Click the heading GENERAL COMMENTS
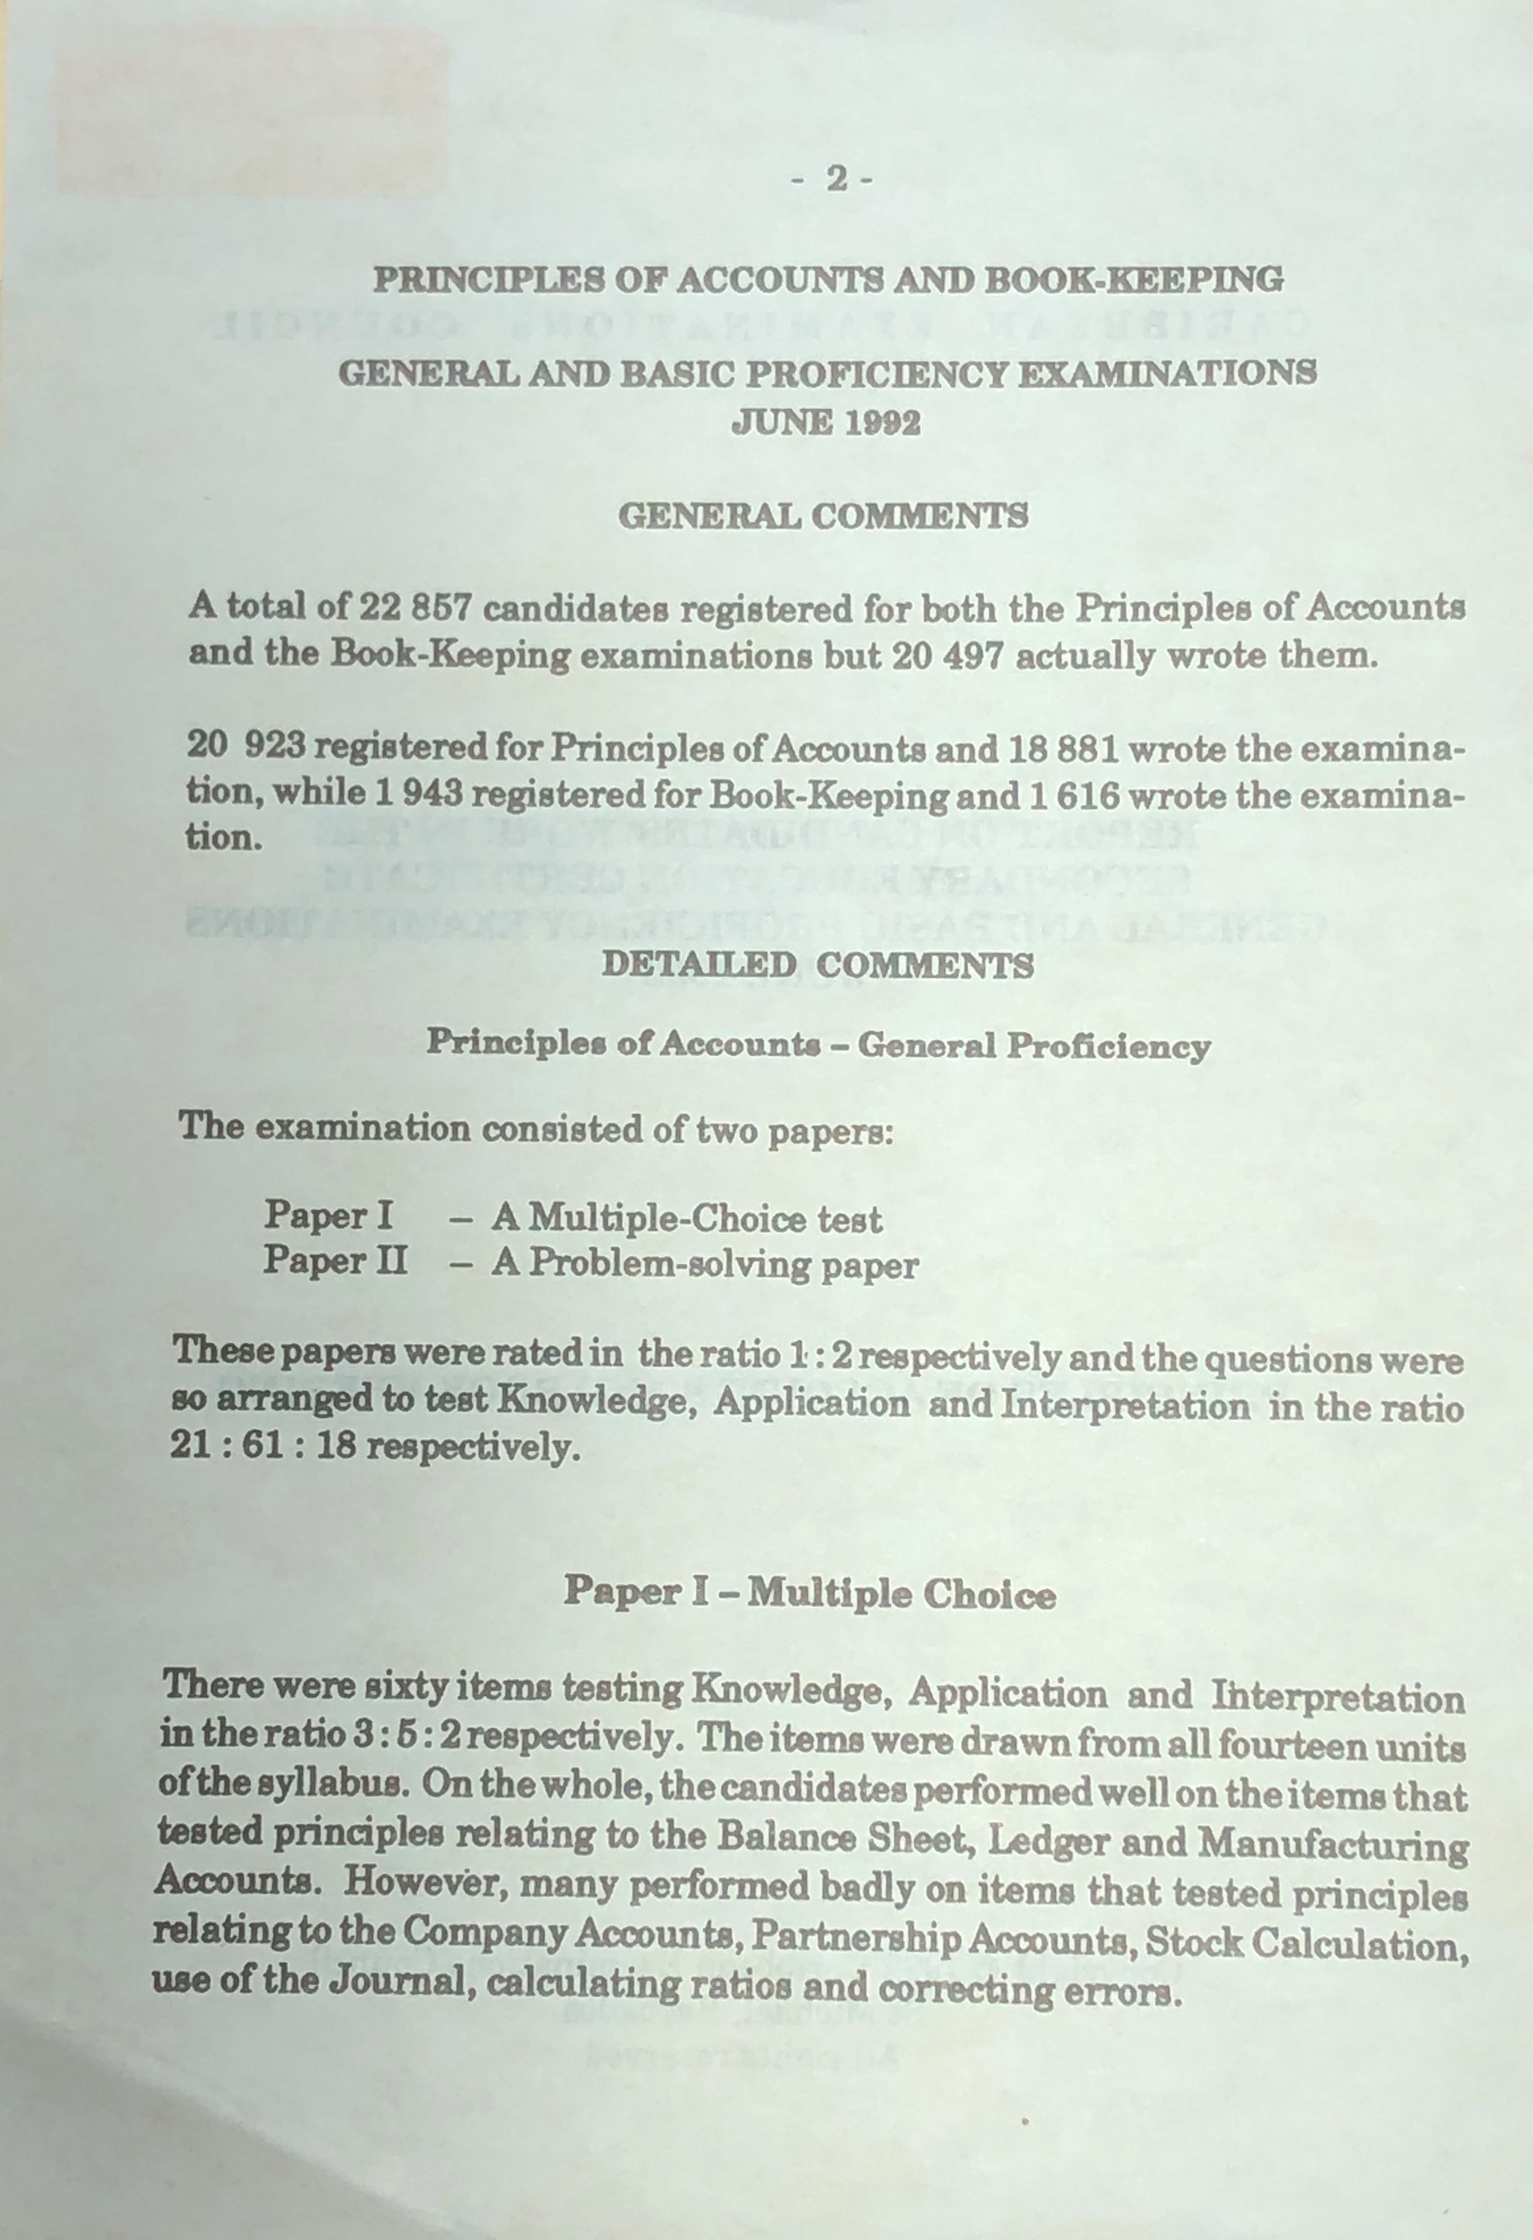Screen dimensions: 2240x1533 [823, 517]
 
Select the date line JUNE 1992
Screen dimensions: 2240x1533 [826, 423]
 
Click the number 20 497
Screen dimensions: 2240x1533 [948, 656]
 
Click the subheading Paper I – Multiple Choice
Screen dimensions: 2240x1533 [809, 1592]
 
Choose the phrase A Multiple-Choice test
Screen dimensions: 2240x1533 [686, 1219]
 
